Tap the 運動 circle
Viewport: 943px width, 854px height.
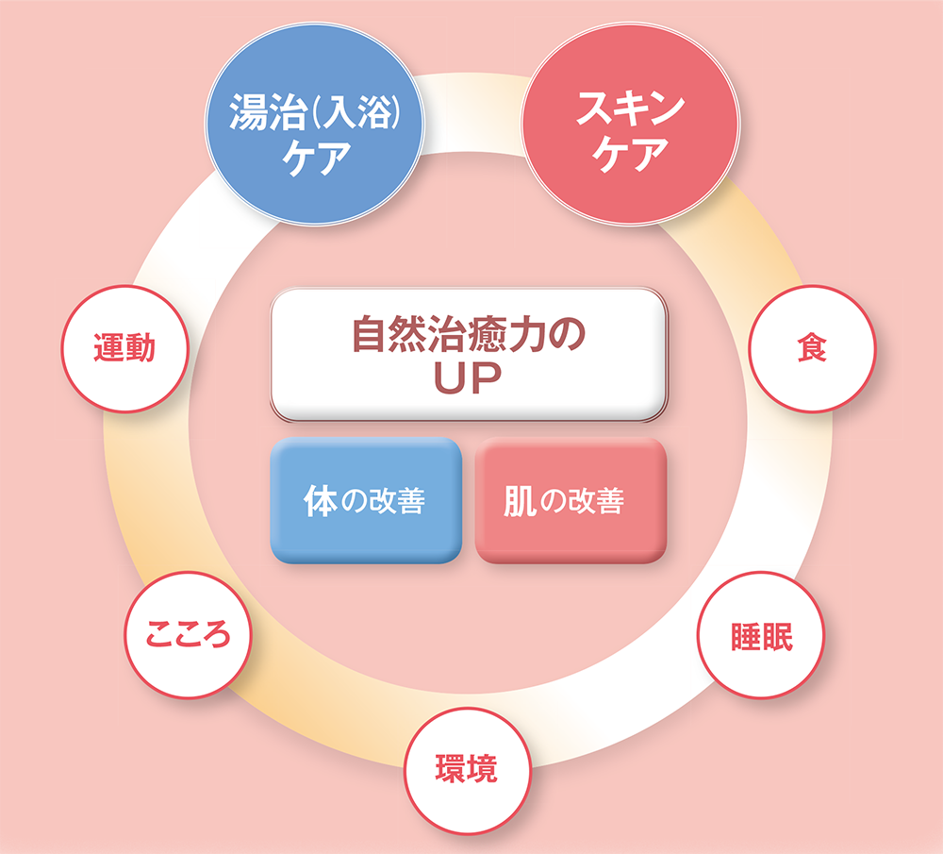tap(124, 348)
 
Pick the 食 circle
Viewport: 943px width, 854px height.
tap(811, 348)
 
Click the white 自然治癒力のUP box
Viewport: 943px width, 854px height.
tap(469, 355)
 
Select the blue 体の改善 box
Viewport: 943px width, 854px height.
tap(366, 500)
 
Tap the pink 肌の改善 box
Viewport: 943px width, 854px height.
tap(571, 500)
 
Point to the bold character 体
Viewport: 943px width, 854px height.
tap(320, 500)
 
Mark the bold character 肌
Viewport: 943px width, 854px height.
tap(521, 501)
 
